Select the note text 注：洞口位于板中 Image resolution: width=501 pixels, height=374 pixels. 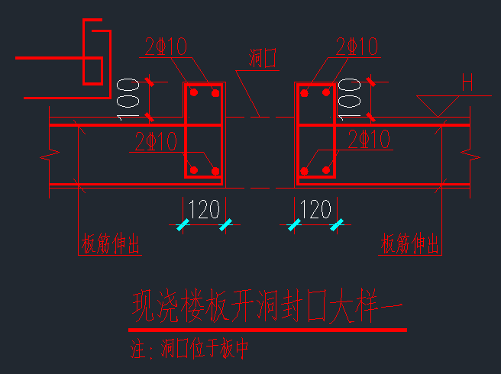[x=190, y=350]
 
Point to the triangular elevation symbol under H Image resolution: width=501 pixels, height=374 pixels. [x=437, y=106]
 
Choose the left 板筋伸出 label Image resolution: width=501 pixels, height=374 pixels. [x=110, y=244]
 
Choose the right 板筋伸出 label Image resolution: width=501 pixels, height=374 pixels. [x=409, y=244]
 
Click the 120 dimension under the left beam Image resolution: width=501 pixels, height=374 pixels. [x=203, y=209]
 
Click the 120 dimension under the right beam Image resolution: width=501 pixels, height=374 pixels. [x=315, y=209]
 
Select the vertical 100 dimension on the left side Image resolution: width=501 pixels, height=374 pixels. [x=128, y=98]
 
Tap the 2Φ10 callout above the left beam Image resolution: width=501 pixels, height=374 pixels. [x=166, y=47]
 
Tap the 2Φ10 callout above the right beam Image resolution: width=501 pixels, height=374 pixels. [x=357, y=47]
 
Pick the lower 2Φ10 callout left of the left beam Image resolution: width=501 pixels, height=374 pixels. [x=157, y=141]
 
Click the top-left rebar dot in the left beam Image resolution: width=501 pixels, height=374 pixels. [x=194, y=92]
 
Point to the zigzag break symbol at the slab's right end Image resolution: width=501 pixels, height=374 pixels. [x=468, y=156]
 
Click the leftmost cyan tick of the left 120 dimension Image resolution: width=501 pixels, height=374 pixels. [x=182, y=225]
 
